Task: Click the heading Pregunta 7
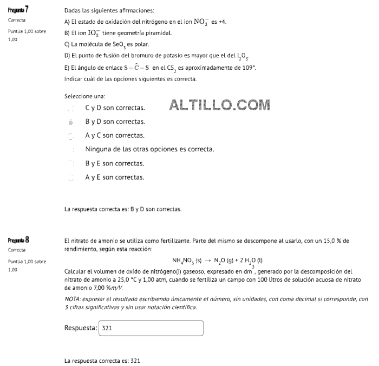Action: (x=18, y=10)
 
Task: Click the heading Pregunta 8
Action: (x=18, y=240)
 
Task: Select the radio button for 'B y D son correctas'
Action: (x=70, y=122)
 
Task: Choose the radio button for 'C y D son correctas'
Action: (x=70, y=108)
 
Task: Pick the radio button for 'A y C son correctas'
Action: (x=70, y=136)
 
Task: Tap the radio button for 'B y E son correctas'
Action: (x=70, y=163)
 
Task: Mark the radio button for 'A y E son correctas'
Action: (x=70, y=177)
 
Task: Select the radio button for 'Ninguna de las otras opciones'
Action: (x=70, y=149)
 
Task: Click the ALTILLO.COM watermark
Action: (x=219, y=105)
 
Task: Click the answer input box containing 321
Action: (x=151, y=328)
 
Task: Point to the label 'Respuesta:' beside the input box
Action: (x=81, y=328)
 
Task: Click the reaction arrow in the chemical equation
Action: (x=207, y=261)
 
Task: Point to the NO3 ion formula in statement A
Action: (x=201, y=22)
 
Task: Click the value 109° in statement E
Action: (x=248, y=68)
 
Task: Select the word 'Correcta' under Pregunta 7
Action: (x=17, y=20)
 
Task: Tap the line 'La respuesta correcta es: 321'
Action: (x=102, y=361)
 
